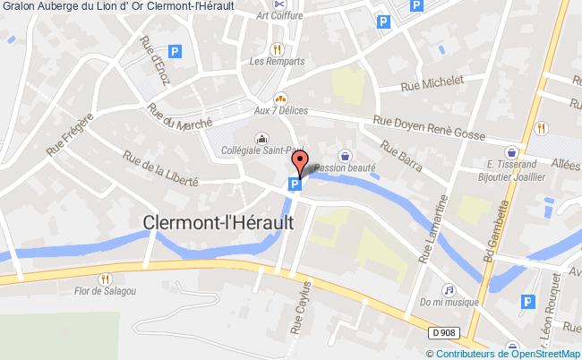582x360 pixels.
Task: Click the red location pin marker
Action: coord(301,164)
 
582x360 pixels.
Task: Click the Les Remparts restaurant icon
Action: coord(278,48)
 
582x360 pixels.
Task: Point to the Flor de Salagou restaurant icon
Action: coord(107,279)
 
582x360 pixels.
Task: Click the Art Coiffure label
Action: coord(278,16)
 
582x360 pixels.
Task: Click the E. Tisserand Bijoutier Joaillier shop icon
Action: coord(510,151)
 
